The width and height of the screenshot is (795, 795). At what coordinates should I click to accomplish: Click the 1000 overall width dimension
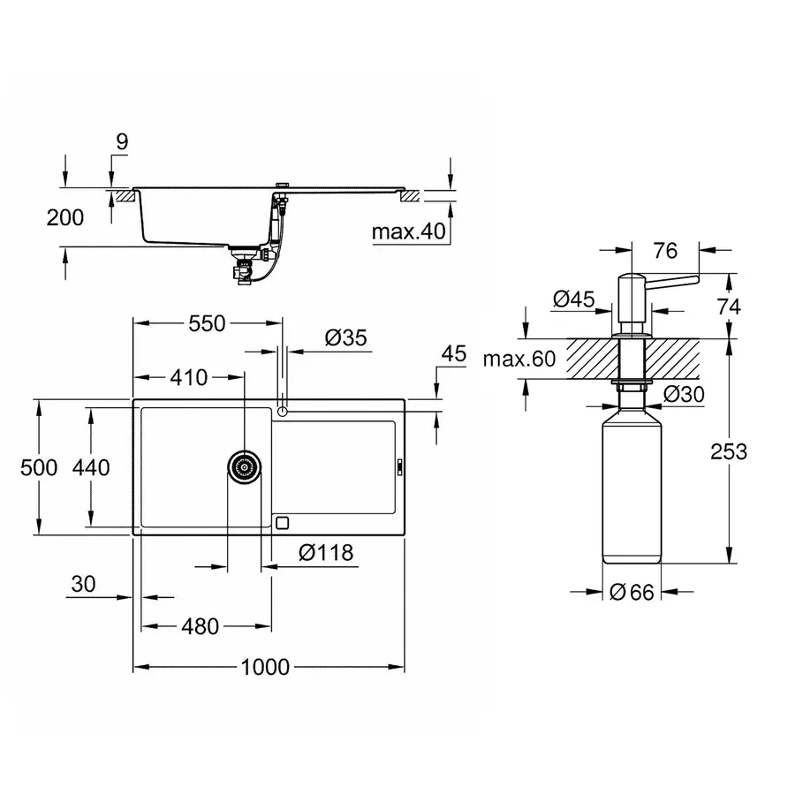tap(265, 667)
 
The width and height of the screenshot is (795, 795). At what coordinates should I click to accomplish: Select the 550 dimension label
tap(207, 324)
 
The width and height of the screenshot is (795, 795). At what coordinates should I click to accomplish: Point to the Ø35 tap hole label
tap(345, 337)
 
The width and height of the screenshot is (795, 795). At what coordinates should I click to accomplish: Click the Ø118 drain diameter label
tap(325, 553)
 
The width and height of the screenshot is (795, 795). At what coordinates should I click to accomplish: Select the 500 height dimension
tap(39, 467)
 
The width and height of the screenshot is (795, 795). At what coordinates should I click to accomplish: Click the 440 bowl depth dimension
tap(91, 467)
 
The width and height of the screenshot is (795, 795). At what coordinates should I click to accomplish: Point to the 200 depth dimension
tap(65, 217)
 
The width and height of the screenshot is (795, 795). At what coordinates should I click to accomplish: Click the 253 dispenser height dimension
tap(728, 451)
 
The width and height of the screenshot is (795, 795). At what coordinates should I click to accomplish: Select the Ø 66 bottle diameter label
tap(632, 593)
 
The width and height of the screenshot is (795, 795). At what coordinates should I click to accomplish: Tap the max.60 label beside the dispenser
tap(519, 359)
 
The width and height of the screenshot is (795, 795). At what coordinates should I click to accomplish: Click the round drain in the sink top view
tap(245, 466)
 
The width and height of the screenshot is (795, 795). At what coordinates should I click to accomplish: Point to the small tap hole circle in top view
tap(282, 411)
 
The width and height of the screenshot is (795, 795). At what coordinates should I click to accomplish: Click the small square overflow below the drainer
tap(282, 522)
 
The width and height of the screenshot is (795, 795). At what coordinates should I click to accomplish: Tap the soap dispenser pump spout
tap(671, 280)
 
